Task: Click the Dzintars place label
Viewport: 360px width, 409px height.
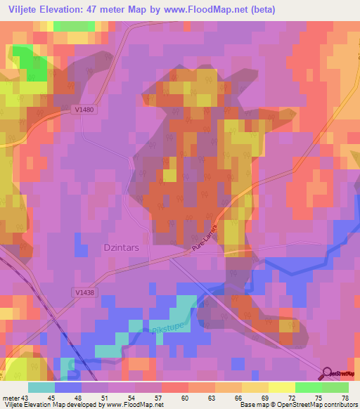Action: (x=99, y=247)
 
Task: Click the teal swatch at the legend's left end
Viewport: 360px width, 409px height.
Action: (x=41, y=387)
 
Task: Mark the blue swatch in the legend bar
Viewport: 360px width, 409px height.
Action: (x=68, y=387)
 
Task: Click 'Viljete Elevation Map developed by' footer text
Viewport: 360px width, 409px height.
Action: (x=49, y=404)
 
